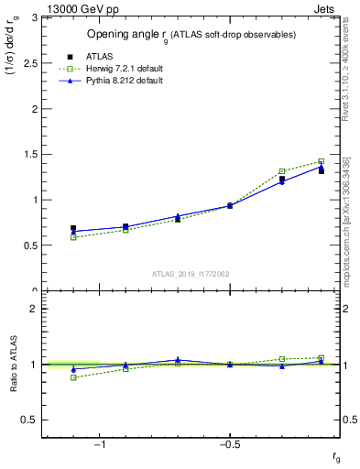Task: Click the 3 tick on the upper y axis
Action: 34,17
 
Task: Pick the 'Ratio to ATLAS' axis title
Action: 13,364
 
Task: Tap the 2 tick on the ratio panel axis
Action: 34,309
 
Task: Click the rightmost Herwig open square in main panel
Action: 321,161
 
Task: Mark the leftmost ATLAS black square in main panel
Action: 73,228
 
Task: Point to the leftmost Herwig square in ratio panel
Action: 73,377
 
